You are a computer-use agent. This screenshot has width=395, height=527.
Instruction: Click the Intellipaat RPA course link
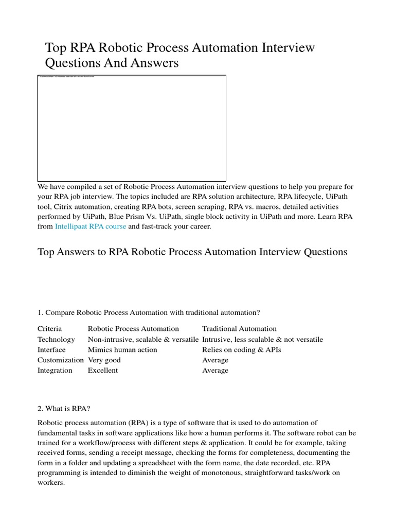click(x=90, y=226)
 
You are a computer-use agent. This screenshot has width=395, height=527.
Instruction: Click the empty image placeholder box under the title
click(x=132, y=128)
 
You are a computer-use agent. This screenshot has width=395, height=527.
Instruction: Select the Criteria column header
click(x=49, y=329)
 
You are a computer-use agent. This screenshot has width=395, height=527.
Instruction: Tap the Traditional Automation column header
click(x=239, y=329)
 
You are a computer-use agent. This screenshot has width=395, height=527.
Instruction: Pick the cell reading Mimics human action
click(x=122, y=350)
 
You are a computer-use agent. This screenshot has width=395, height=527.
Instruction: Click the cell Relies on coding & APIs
click(x=242, y=350)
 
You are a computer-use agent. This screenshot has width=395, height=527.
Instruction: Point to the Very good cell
click(x=104, y=360)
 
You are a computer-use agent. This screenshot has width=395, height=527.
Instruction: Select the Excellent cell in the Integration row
click(x=103, y=371)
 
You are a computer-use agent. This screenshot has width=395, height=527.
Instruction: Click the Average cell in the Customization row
click(x=215, y=360)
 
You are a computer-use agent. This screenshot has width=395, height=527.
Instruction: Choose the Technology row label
click(x=56, y=340)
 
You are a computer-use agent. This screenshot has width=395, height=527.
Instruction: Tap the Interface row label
click(x=51, y=350)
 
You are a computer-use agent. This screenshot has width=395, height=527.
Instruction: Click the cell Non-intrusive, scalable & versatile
click(x=143, y=340)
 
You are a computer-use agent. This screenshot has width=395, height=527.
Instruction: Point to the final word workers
click(x=51, y=483)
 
